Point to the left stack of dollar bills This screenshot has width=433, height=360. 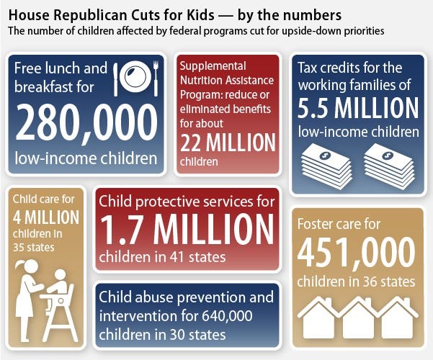click(326, 164)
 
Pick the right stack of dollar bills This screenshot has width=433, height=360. click(389, 164)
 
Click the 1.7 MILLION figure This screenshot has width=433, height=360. click(187, 229)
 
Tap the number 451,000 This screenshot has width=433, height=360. click(356, 251)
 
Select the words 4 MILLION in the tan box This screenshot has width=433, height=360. click(45, 217)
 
